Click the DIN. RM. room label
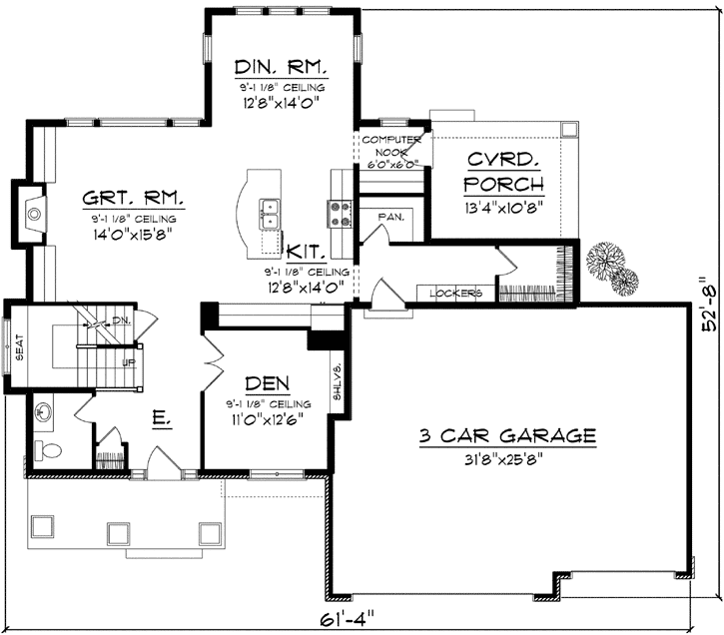pyautogui.click(x=281, y=68)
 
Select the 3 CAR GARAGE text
pyautogui.click(x=506, y=435)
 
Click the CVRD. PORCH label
pyautogui.click(x=504, y=172)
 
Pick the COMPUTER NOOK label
pyautogui.click(x=388, y=146)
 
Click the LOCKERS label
pyautogui.click(x=456, y=294)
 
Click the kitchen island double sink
pyautogui.click(x=270, y=211)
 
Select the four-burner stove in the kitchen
pyautogui.click(x=338, y=211)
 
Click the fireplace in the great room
pyautogui.click(x=34, y=211)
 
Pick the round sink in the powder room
pyautogui.click(x=44, y=411)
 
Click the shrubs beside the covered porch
pyautogui.click(x=610, y=265)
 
